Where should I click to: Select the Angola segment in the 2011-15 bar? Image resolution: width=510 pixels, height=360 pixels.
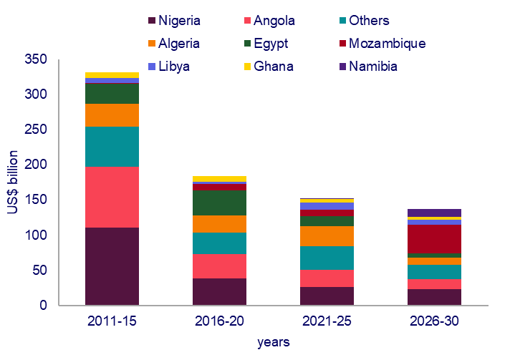[112, 197]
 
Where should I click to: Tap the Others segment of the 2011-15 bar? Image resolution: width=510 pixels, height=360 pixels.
[112, 147]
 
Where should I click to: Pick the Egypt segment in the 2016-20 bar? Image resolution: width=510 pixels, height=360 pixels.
[219, 203]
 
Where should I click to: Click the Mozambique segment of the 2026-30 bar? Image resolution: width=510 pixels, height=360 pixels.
[434, 239]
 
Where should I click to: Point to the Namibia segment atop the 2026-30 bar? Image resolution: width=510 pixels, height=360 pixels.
[434, 213]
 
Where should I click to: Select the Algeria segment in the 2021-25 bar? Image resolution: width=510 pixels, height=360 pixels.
[327, 236]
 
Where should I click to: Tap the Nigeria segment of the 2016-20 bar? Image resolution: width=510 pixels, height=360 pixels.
[219, 291]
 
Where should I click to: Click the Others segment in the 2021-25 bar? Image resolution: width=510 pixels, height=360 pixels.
[327, 258]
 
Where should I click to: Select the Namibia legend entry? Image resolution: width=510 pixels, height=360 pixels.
[372, 67]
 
